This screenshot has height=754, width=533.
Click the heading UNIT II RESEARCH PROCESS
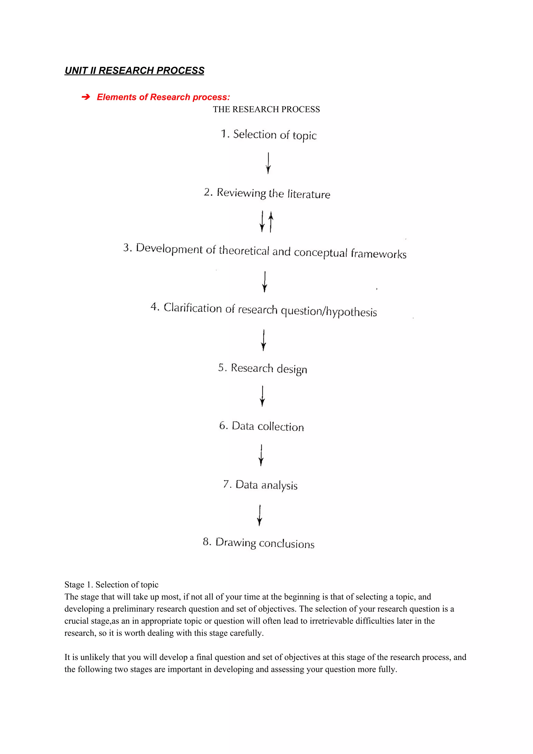pos(134,71)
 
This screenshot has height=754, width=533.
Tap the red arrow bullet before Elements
pos(85,97)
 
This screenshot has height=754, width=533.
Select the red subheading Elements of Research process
pos(163,97)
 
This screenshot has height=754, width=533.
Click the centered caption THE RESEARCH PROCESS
pos(266,109)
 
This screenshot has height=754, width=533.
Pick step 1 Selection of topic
pos(268,135)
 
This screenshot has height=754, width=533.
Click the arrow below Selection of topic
pos(268,163)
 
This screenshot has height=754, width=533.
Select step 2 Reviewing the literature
pos(267,193)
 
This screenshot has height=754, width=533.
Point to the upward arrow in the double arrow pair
pos(271,222)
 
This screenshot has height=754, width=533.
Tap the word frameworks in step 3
pos(378,254)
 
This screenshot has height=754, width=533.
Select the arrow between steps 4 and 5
pos(263,340)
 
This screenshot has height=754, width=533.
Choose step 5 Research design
pos(262,369)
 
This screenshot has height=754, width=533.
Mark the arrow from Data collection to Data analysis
pos(261,455)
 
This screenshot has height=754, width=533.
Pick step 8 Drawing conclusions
pos(258,543)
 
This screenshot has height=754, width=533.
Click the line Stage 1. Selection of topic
pos(111,585)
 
